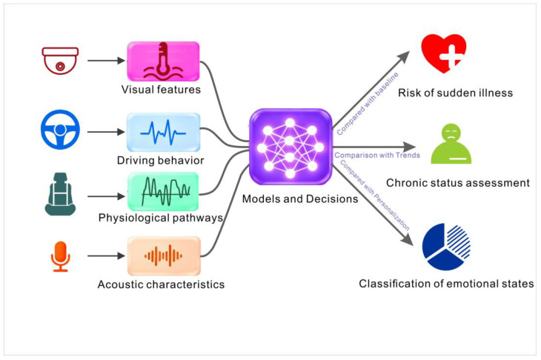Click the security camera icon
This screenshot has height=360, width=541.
point(60,61)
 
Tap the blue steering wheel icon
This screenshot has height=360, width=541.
point(60,130)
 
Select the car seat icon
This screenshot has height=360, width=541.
point(60,194)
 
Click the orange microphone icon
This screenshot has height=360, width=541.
point(60,256)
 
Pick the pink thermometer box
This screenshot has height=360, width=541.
point(163,61)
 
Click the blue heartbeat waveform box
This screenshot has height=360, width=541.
point(163,133)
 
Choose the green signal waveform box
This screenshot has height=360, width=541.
point(163,192)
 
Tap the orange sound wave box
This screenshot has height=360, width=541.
point(164,256)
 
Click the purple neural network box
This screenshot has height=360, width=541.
point(291,147)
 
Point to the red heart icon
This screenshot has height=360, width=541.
point(444,53)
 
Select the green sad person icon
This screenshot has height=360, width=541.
point(451,144)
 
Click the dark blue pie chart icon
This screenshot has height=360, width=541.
point(446,247)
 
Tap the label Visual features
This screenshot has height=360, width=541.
point(161,90)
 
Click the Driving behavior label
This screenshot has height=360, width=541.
point(160,160)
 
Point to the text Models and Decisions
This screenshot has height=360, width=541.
point(300,199)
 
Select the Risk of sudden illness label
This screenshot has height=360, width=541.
point(456,93)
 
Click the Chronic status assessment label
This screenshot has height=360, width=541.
point(458,183)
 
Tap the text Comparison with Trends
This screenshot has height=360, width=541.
point(377,155)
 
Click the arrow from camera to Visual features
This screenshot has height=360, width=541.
point(106,61)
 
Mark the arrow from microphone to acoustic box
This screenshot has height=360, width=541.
point(106,256)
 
